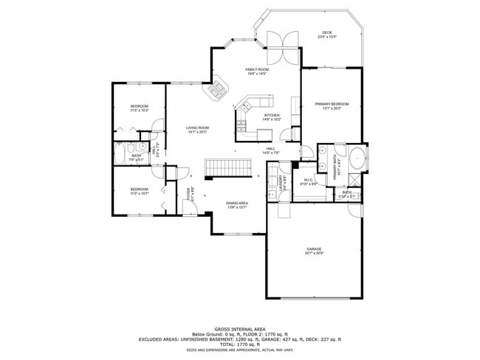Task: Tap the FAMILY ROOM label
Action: click(x=256, y=69)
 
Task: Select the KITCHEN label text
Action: click(x=272, y=116)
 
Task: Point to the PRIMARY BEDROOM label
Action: click(x=332, y=105)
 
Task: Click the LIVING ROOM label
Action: click(x=197, y=128)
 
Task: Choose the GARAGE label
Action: click(x=315, y=249)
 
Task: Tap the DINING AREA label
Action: click(x=237, y=203)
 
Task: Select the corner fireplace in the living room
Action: click(x=216, y=91)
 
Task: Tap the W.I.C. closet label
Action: click(x=309, y=181)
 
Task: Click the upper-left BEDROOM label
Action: click(x=140, y=107)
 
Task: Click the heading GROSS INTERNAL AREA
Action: click(x=239, y=329)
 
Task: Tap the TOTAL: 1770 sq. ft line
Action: click(x=239, y=345)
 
